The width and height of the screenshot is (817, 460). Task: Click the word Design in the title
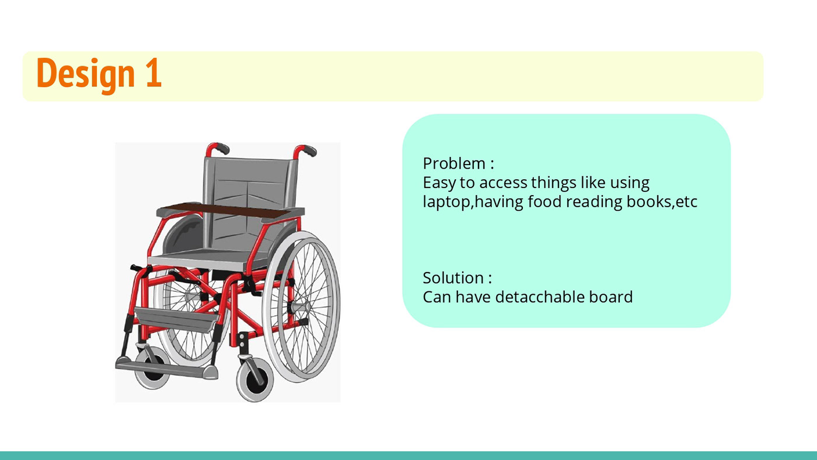click(86, 74)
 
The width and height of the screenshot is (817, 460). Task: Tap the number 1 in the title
click(153, 73)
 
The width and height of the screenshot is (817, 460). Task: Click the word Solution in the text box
click(453, 278)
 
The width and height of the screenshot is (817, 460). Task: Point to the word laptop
click(446, 203)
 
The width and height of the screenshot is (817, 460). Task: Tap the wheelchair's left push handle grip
click(221, 147)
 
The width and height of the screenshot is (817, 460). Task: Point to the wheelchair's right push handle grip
click(309, 150)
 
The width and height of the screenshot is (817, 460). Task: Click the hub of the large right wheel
click(302, 307)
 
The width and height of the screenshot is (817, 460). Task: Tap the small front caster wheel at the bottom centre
click(255, 379)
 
